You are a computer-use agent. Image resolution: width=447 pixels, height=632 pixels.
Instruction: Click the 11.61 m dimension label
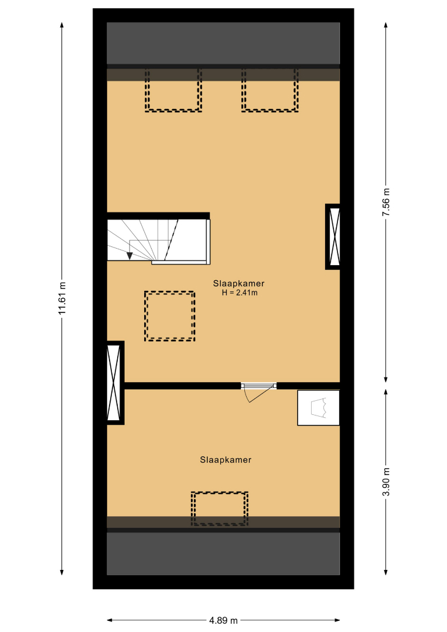pyautogui.click(x=62, y=298)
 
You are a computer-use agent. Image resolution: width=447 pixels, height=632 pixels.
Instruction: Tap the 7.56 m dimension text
pyautogui.click(x=386, y=202)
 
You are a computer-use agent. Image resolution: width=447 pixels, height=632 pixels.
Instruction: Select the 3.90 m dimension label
pyautogui.click(x=386, y=482)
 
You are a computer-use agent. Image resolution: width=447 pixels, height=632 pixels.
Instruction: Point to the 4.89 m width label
pyautogui.click(x=223, y=620)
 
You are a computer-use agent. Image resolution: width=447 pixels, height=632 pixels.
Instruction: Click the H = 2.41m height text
pyautogui.click(x=240, y=293)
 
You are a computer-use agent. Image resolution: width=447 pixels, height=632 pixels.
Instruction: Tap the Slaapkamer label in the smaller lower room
pyautogui.click(x=226, y=460)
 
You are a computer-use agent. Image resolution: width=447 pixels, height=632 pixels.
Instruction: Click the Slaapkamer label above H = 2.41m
pyautogui.click(x=239, y=284)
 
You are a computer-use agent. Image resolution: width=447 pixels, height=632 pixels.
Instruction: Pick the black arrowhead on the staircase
pyautogui.click(x=129, y=256)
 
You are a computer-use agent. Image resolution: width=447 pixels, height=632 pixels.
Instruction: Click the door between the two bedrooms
pyautogui.click(x=258, y=391)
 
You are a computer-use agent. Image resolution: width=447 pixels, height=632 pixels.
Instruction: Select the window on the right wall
pyautogui.click(x=333, y=236)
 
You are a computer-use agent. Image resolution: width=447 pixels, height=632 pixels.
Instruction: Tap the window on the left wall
pyautogui.click(x=115, y=383)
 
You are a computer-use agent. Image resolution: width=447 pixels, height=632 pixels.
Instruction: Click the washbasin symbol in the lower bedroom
pyautogui.click(x=318, y=407)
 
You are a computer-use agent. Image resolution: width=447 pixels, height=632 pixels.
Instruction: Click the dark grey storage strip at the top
pyautogui.click(x=223, y=43)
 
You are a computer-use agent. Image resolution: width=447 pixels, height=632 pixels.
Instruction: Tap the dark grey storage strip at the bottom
pyautogui.click(x=223, y=554)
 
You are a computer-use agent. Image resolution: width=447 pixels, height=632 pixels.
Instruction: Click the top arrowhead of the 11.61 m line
pyautogui.click(x=62, y=25)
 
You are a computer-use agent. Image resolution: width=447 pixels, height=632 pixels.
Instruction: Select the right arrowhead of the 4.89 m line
pyautogui.click(x=337, y=620)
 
